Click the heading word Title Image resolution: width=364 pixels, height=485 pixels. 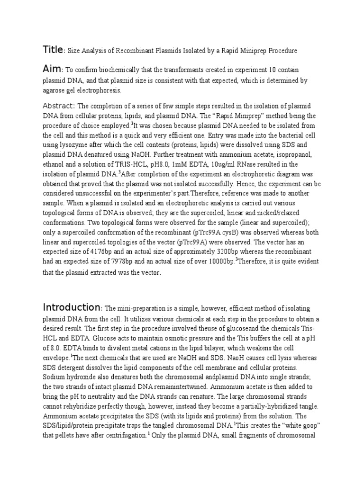pos(52,49)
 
